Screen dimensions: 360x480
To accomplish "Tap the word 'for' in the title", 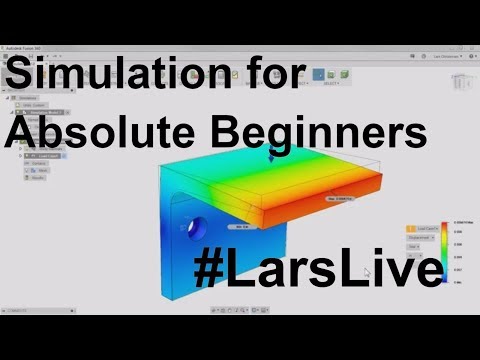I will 263,77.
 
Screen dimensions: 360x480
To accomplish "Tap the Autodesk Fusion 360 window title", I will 31,47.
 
